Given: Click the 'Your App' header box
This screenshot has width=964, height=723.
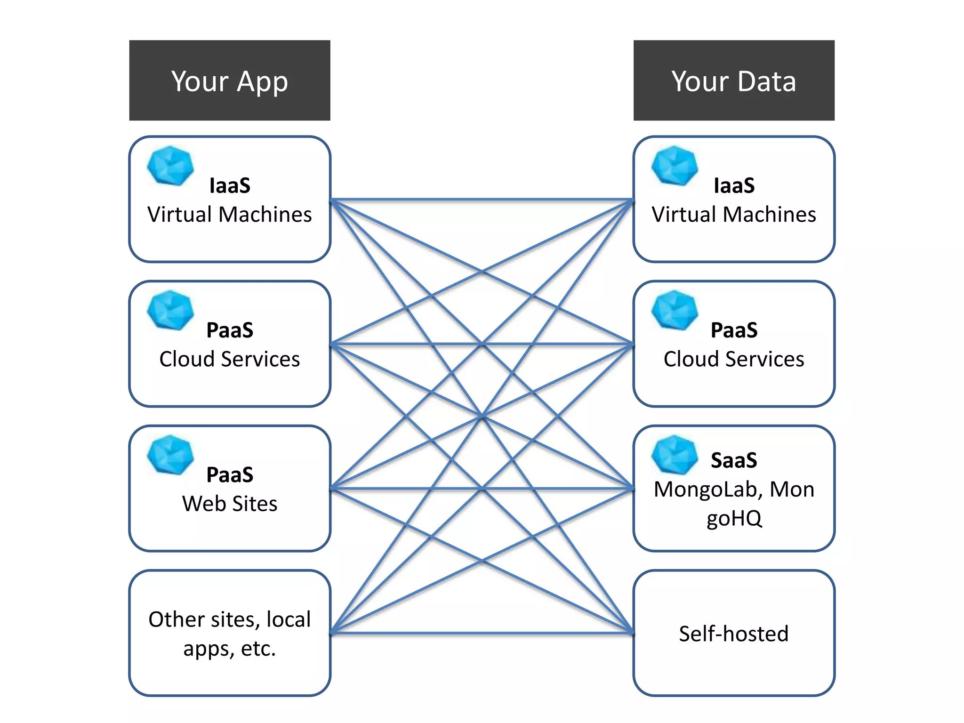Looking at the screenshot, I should tap(230, 80).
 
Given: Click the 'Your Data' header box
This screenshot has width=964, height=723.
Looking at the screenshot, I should tap(733, 80).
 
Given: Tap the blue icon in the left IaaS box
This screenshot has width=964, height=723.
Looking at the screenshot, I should tap(170, 165).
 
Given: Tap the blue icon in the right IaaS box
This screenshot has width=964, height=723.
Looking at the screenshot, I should tap(675, 165).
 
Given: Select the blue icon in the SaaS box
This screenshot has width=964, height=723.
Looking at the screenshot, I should tap(675, 455).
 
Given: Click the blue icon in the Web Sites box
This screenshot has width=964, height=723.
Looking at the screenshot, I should tap(170, 455).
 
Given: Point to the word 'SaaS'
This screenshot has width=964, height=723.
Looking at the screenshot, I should tap(733, 460).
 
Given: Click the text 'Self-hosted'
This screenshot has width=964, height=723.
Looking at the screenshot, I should tap(733, 634).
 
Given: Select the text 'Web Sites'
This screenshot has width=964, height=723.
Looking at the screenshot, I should tap(230, 504).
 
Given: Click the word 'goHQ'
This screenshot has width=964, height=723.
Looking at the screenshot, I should tap(733, 518).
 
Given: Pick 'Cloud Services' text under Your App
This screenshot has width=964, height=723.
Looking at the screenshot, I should tap(230, 359).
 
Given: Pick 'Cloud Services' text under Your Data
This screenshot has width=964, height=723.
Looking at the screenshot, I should tap(733, 359).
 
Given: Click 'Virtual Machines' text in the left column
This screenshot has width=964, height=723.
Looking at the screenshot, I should tap(230, 215).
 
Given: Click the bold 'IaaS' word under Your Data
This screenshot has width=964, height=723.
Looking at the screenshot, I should tap(733, 185).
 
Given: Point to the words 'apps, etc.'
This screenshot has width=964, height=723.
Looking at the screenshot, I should tap(230, 649).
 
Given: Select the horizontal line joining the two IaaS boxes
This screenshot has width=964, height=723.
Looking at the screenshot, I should tap(482, 199).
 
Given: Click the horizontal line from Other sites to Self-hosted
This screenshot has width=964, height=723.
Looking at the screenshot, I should tap(482, 633).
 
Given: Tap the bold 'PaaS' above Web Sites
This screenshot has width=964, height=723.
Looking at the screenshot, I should tap(230, 474).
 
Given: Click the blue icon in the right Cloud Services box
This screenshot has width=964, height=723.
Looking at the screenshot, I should tap(675, 310).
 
